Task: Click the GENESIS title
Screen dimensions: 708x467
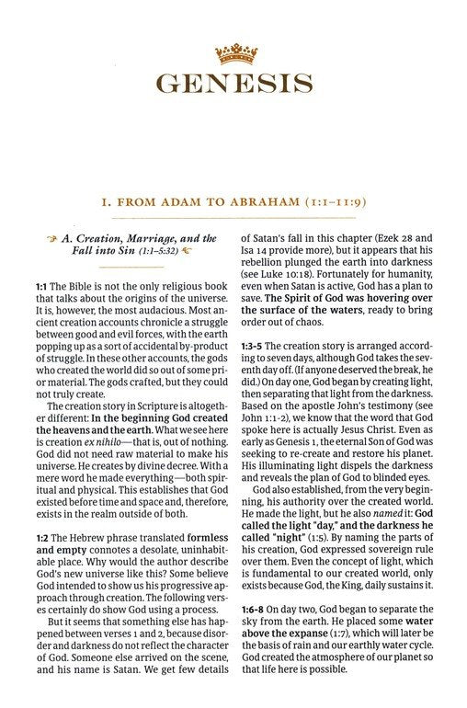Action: [x=233, y=84]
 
